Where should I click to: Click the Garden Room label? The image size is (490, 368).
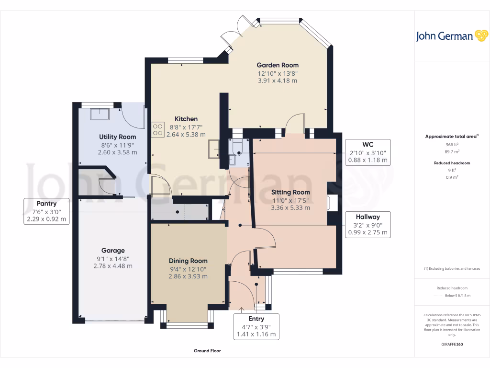278,65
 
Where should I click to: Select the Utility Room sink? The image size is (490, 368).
100,114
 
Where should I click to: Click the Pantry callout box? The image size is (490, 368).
46,212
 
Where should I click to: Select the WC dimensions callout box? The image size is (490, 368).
367,152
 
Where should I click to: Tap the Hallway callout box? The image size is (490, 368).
367,224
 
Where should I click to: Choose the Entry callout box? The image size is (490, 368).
256,326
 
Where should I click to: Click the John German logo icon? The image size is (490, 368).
480,36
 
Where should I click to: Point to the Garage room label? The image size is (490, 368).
113,250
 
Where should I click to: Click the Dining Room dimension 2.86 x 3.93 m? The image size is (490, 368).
188,276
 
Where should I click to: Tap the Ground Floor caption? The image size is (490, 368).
207,351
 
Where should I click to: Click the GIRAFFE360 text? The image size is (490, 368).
452,345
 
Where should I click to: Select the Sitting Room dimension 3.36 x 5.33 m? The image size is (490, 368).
290,208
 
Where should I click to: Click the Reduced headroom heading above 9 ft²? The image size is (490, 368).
452,163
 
